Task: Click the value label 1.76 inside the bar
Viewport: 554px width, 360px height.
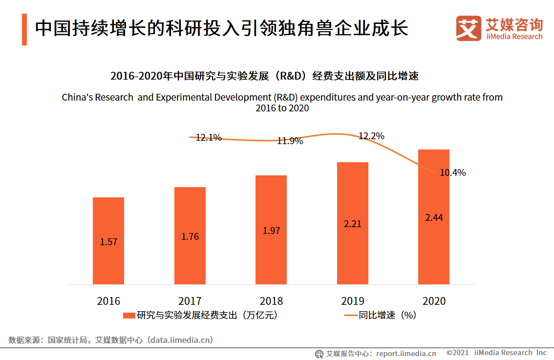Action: click(190, 236)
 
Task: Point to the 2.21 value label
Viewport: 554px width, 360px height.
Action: click(353, 224)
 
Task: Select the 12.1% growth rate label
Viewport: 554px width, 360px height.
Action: click(209, 138)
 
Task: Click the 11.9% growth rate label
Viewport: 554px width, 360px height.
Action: click(290, 141)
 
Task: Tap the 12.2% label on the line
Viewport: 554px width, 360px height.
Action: click(371, 136)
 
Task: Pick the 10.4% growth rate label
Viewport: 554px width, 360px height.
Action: click(452, 172)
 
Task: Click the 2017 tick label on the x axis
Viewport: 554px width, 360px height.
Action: click(190, 301)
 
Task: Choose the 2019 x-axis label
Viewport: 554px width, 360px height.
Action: click(353, 301)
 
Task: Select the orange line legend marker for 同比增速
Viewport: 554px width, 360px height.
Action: click(350, 316)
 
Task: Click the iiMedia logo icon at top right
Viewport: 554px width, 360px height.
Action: click(469, 29)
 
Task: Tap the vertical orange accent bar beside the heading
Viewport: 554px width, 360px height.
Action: click(24, 30)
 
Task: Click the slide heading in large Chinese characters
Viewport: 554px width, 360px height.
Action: click(221, 29)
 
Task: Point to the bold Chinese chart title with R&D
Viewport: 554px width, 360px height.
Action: click(264, 76)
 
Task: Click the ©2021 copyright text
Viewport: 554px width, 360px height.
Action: click(457, 353)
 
